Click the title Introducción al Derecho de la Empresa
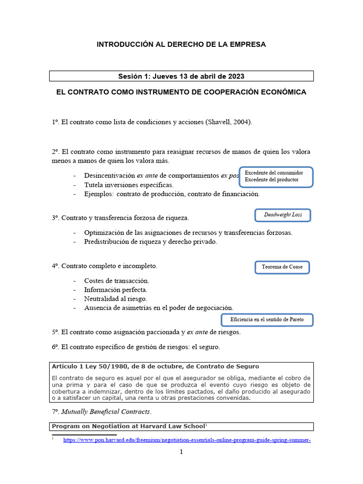(x=181, y=44)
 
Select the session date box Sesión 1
(x=181, y=76)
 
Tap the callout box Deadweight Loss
(x=283, y=215)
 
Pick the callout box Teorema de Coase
(x=282, y=267)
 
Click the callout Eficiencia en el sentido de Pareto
(x=267, y=320)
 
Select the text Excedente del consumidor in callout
(x=274, y=173)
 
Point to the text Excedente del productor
(x=271, y=180)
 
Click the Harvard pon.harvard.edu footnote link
(x=187, y=440)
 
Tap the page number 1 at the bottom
(x=181, y=452)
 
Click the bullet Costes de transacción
(x=116, y=281)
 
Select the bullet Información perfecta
(x=115, y=290)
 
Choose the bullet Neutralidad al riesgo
(x=115, y=299)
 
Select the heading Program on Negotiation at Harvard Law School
(x=128, y=426)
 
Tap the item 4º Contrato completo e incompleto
(x=104, y=267)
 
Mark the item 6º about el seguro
(x=136, y=347)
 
